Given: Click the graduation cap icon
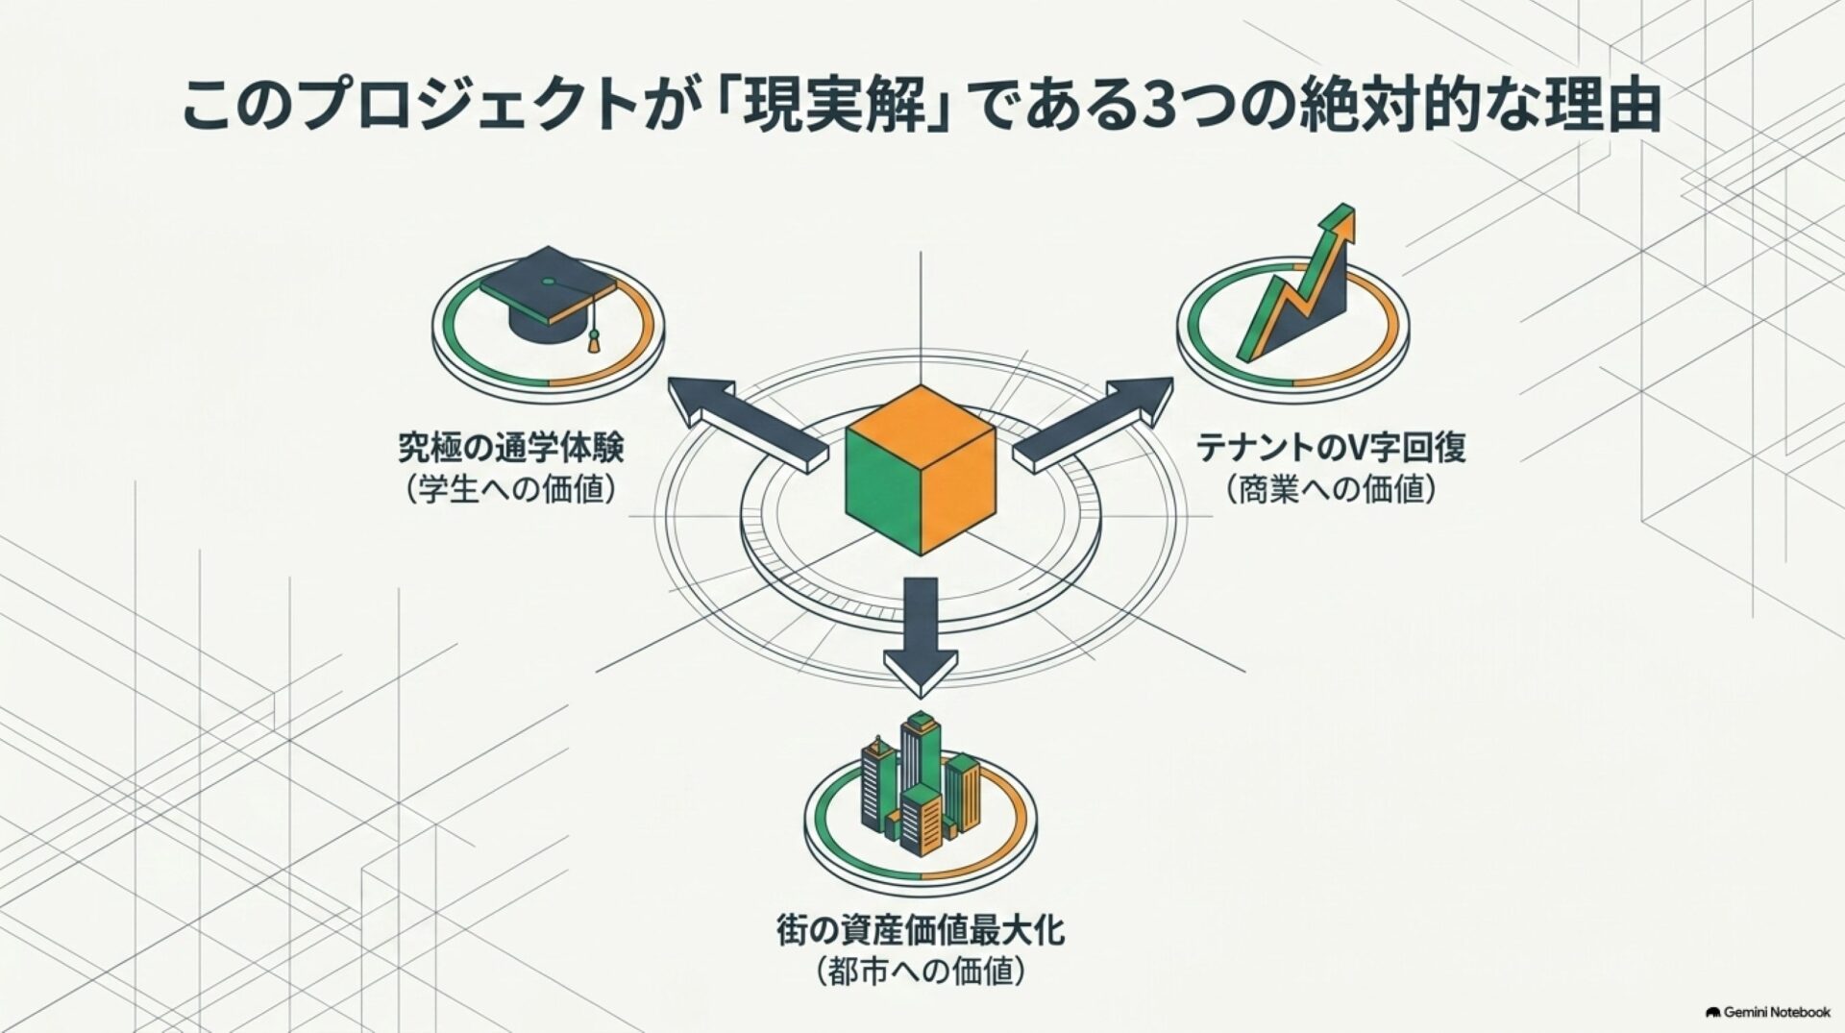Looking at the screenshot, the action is [x=548, y=294].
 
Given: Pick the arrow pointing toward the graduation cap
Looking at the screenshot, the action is [x=747, y=423].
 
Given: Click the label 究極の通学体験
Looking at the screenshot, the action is [x=511, y=448].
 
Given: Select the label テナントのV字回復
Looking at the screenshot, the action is [x=1331, y=448].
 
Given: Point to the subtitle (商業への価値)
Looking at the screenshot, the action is [x=1331, y=490].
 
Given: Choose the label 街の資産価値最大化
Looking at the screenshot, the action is [x=921, y=931].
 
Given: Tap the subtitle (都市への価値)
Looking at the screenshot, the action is [x=921, y=972].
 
